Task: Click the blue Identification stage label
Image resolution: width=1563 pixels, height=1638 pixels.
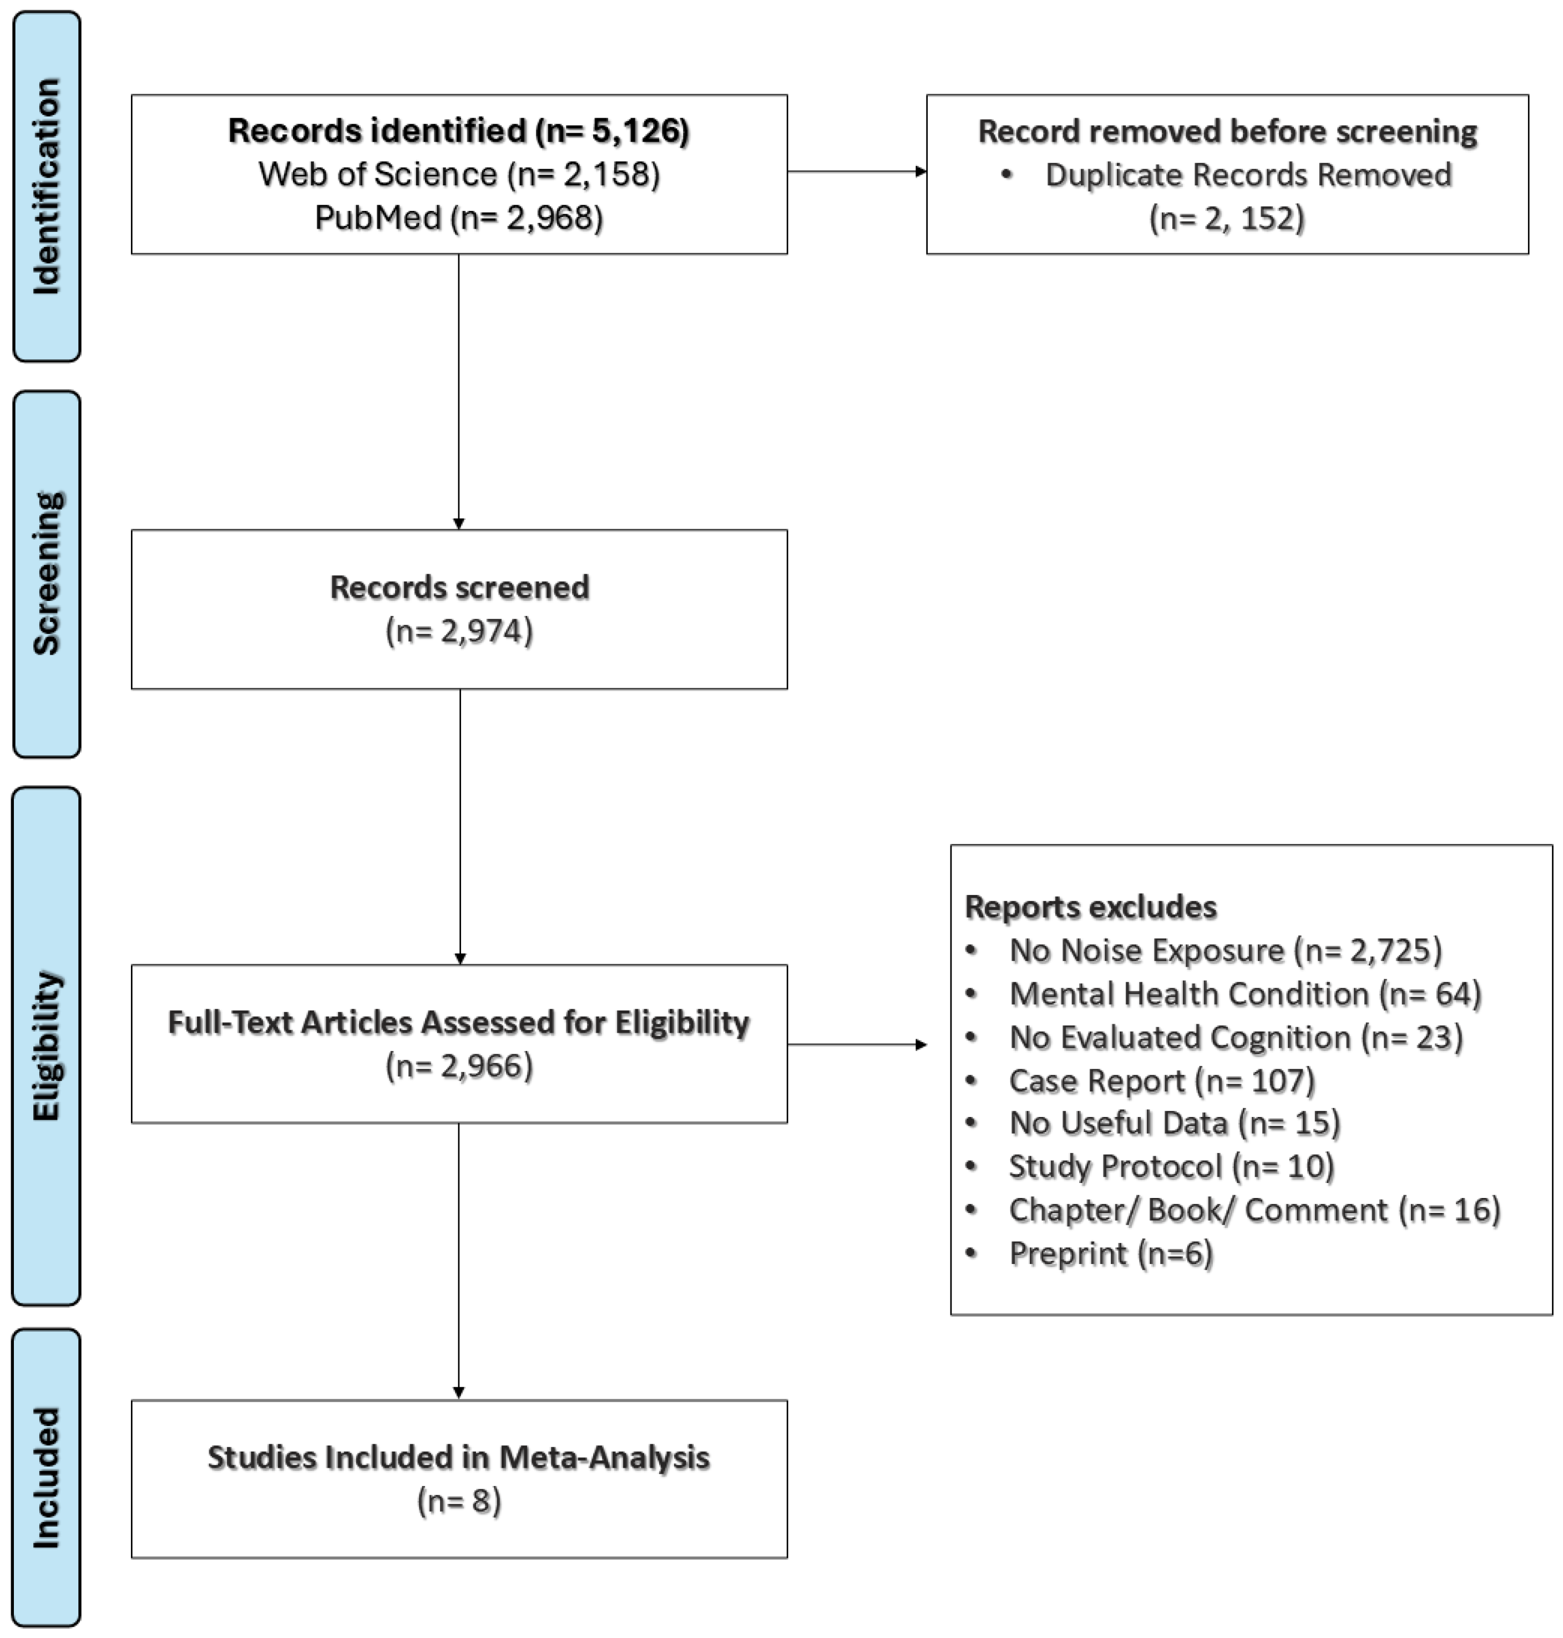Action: tap(47, 186)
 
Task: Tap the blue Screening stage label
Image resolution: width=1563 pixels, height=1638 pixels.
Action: tap(47, 574)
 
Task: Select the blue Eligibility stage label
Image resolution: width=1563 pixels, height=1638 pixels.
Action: tap(47, 1045)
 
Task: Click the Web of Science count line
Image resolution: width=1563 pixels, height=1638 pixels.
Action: tap(459, 174)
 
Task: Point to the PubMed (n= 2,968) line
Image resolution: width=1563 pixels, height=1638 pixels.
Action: tap(459, 218)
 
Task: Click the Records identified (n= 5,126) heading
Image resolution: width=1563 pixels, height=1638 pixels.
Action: tap(459, 131)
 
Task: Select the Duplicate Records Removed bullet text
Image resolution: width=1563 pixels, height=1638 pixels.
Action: tap(1247, 175)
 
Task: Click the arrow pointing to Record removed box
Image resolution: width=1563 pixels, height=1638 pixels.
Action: tap(857, 171)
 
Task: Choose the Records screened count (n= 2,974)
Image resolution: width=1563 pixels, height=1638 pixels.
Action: tap(459, 631)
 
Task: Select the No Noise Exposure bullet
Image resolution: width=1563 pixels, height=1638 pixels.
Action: tap(1225, 950)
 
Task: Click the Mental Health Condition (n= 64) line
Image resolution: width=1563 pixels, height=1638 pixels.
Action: tap(1245, 993)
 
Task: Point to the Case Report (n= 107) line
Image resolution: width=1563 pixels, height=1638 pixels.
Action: tap(1161, 1080)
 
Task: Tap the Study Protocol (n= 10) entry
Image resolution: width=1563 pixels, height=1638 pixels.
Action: tap(1171, 1166)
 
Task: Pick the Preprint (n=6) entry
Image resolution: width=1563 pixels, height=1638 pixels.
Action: tap(1111, 1253)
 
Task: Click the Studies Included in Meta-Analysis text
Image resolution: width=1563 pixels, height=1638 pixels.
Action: tap(459, 1457)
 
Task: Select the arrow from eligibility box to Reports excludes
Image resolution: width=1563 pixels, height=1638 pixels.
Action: tap(857, 1044)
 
